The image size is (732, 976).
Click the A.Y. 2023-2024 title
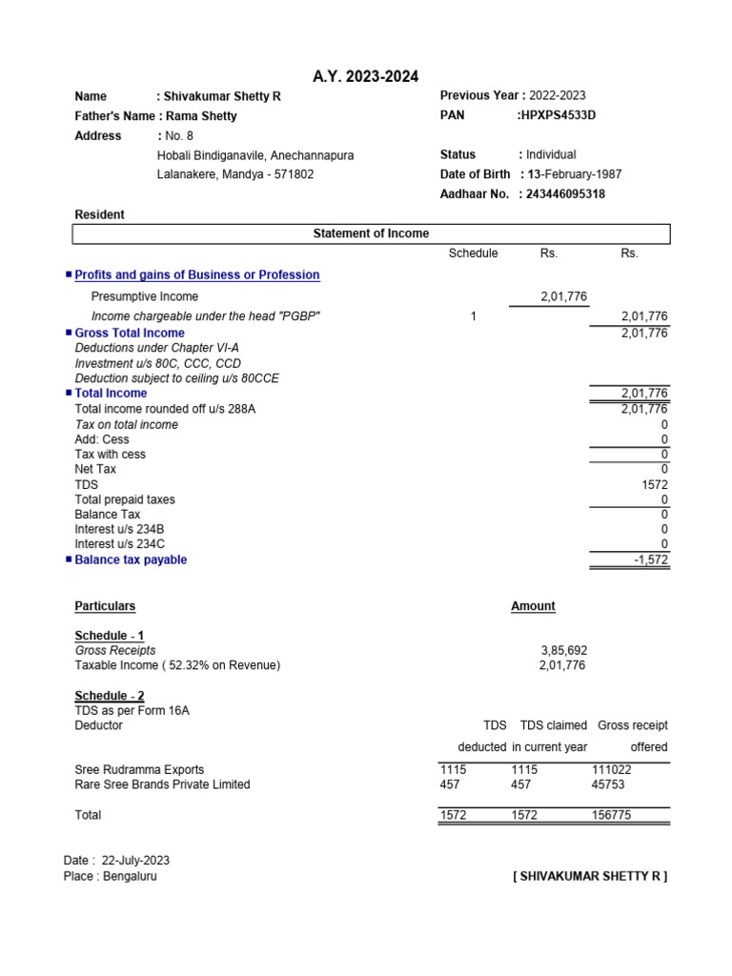366,76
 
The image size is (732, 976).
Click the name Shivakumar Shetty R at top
223,96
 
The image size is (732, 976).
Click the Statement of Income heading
371,234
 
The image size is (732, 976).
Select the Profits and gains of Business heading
197,274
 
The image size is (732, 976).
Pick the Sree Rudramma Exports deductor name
139,769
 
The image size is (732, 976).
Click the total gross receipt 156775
611,815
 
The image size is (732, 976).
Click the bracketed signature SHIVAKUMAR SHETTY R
590,876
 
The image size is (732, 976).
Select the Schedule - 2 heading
110,696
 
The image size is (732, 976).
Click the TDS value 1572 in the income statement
656,484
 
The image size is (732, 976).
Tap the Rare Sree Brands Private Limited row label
162,784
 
